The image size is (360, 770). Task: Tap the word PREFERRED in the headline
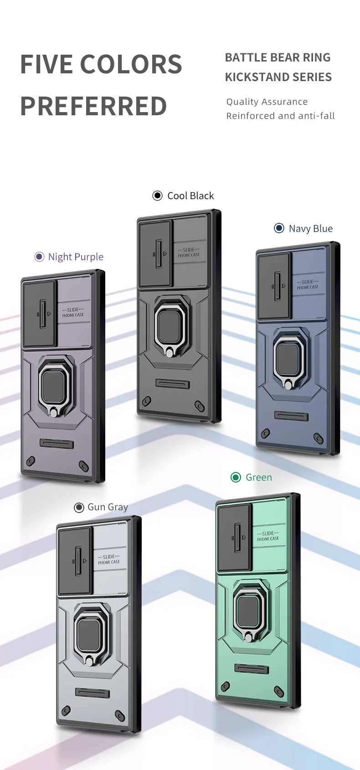point(93,106)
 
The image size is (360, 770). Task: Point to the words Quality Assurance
point(267,102)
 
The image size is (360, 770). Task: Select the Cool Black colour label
point(190,196)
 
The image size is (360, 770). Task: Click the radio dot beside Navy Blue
point(279,228)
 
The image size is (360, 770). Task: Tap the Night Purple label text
point(76,257)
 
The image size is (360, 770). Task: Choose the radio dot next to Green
point(236,477)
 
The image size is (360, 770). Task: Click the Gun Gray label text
point(108,507)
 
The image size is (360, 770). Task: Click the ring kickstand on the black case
point(169,326)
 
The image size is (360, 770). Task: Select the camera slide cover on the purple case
point(39,314)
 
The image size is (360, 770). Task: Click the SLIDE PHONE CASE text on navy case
point(308,285)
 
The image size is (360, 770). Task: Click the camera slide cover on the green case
point(235,538)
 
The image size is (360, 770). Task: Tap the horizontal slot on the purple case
point(57,444)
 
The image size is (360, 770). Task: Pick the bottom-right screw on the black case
point(199,406)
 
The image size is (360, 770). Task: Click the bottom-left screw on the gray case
point(66,710)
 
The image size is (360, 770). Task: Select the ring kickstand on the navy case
point(288,358)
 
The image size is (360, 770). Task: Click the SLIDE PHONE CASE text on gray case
point(109,560)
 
